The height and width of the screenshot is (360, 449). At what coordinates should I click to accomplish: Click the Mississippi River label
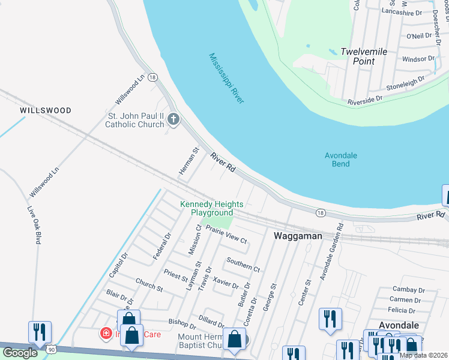226,79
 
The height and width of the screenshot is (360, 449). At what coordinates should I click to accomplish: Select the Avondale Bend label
341,160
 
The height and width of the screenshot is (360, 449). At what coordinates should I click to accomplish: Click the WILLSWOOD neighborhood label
46,110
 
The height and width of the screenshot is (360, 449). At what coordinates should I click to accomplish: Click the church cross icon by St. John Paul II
173,119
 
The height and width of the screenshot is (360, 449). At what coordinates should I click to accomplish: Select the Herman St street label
188,162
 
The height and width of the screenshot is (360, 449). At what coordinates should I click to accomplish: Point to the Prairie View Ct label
226,235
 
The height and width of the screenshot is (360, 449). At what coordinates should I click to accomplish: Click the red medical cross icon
106,332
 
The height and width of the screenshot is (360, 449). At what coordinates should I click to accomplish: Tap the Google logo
20,353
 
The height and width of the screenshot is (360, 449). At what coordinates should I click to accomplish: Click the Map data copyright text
424,355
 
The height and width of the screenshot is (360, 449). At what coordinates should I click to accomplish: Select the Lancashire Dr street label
402,13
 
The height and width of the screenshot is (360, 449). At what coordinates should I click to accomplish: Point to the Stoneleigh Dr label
405,79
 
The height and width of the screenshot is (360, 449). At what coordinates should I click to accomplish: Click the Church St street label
149,284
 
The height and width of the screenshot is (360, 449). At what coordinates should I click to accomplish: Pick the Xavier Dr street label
226,282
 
